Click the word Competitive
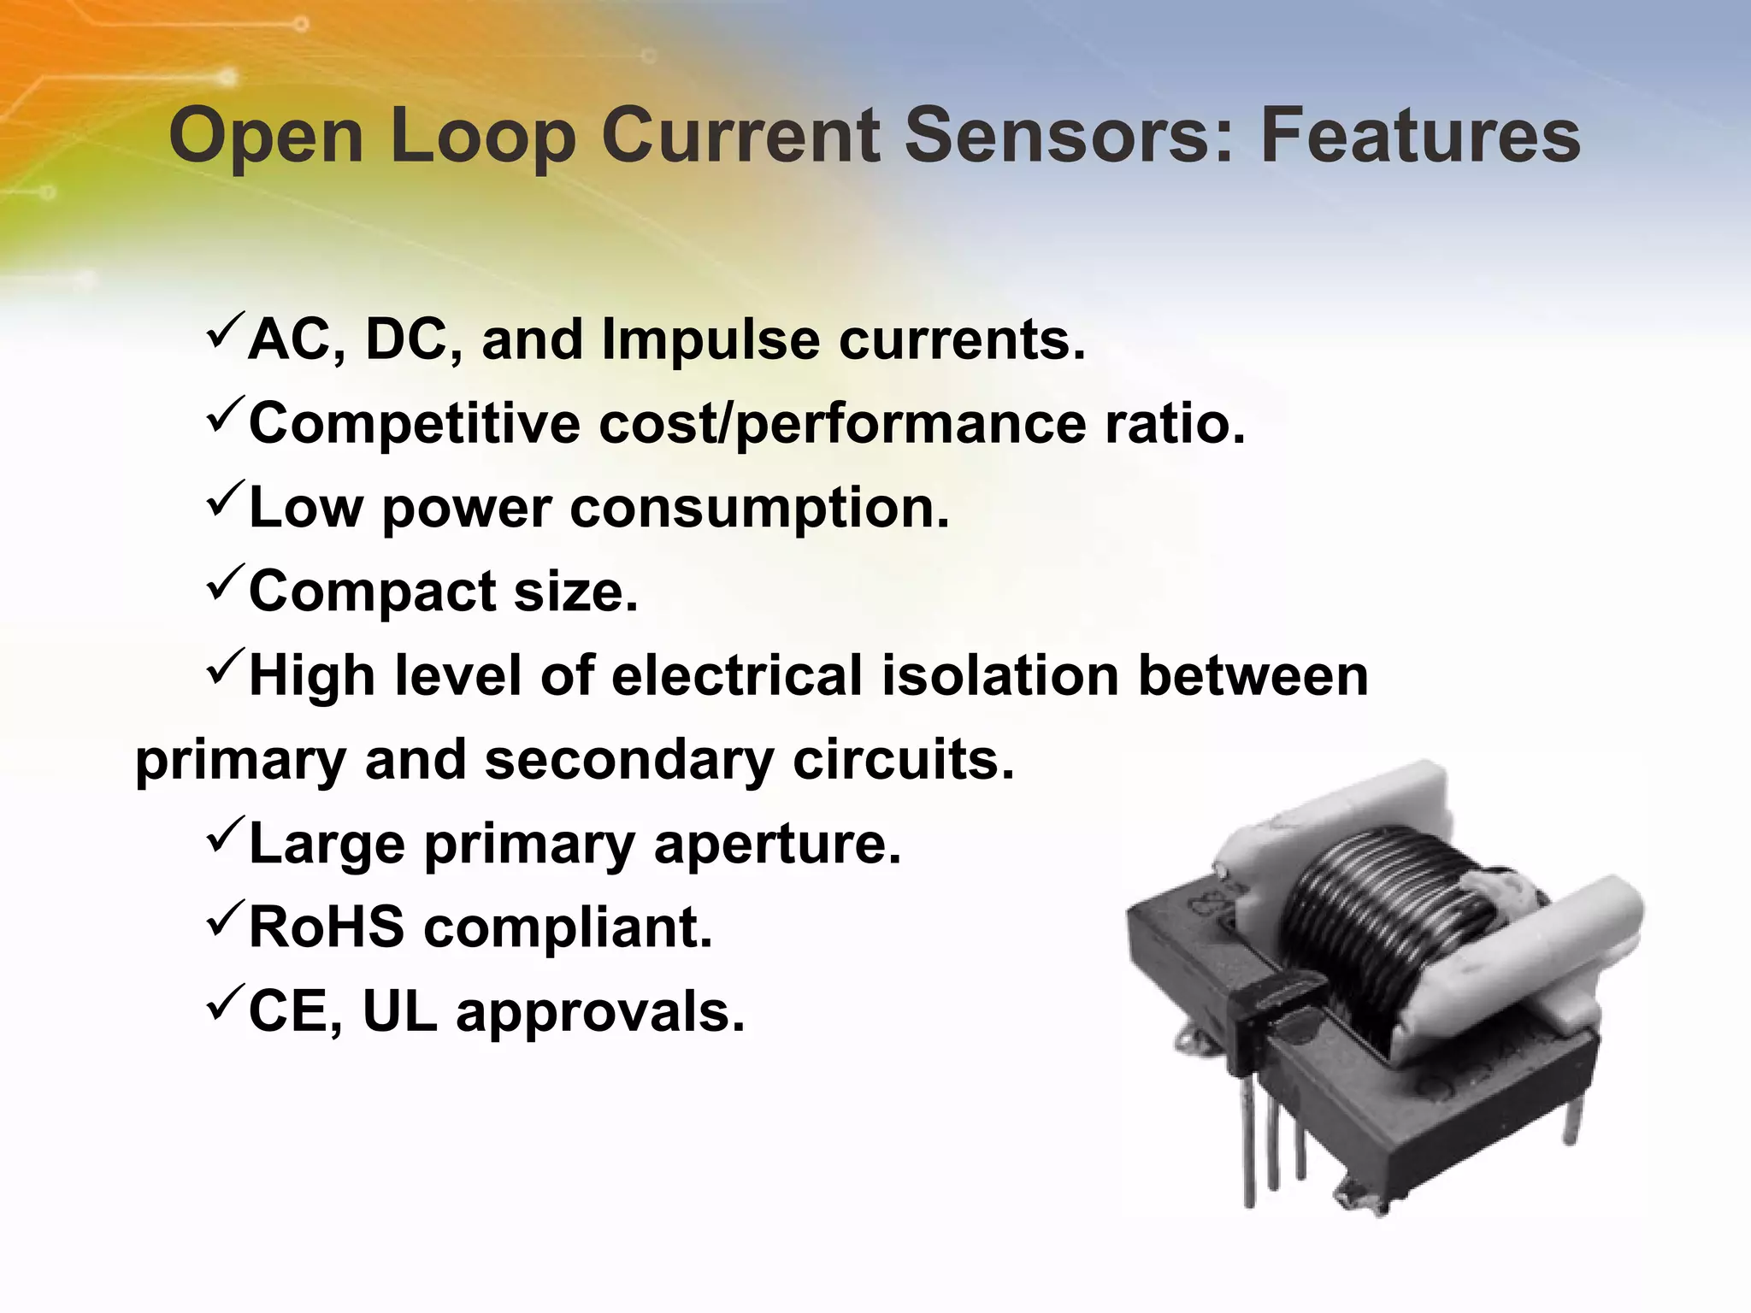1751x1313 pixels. (414, 424)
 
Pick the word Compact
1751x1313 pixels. (372, 592)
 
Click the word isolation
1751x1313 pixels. (1000, 675)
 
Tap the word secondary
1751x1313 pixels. (629, 760)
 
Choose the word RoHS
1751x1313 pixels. (326, 927)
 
